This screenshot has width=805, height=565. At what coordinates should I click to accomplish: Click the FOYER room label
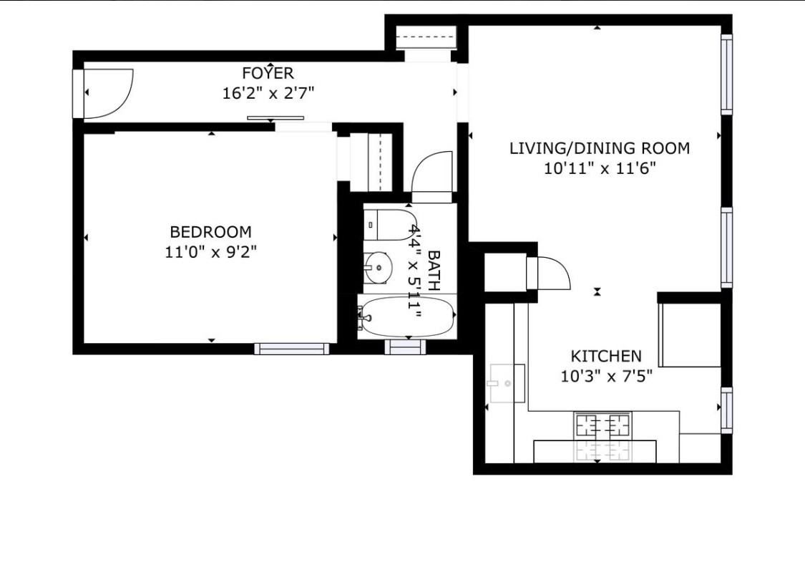coord(268,73)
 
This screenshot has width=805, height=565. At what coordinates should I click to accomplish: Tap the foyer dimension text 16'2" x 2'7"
coord(268,92)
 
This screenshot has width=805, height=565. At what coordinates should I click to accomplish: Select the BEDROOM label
coord(210,232)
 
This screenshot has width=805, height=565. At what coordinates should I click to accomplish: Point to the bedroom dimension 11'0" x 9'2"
coord(210,251)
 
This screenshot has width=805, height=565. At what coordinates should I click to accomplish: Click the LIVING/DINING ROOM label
coord(599,148)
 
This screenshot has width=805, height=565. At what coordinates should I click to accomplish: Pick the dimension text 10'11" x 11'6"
coord(599,168)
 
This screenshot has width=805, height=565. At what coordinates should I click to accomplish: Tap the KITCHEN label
coord(605,356)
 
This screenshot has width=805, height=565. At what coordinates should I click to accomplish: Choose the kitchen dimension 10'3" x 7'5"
coord(605,376)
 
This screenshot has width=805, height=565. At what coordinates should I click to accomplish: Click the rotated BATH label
coord(434,270)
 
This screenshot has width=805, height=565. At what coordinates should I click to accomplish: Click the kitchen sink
coord(507,383)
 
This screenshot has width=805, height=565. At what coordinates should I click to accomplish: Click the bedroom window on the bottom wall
coord(291,349)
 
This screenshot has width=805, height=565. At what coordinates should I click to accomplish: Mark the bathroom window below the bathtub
coord(405,347)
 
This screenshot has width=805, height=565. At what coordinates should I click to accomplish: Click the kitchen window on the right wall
coord(726,410)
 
